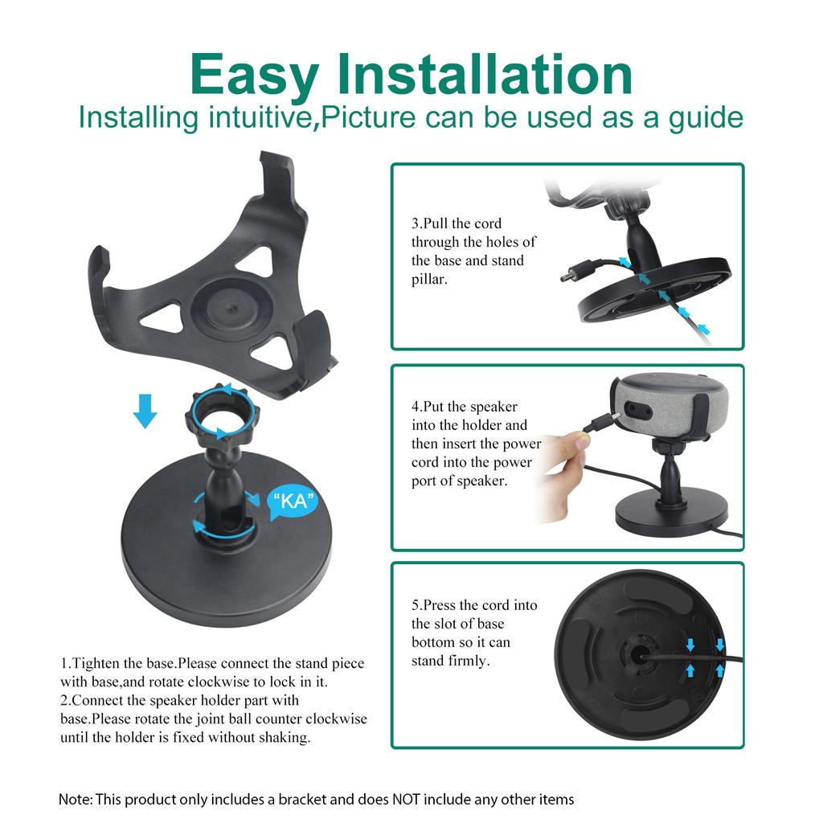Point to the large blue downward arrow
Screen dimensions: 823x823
tap(145, 410)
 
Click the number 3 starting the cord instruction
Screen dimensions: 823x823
tap(416, 223)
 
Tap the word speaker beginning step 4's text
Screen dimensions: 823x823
tap(493, 407)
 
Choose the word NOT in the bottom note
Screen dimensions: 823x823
tap(406, 799)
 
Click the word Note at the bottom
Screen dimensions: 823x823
tap(75, 799)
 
